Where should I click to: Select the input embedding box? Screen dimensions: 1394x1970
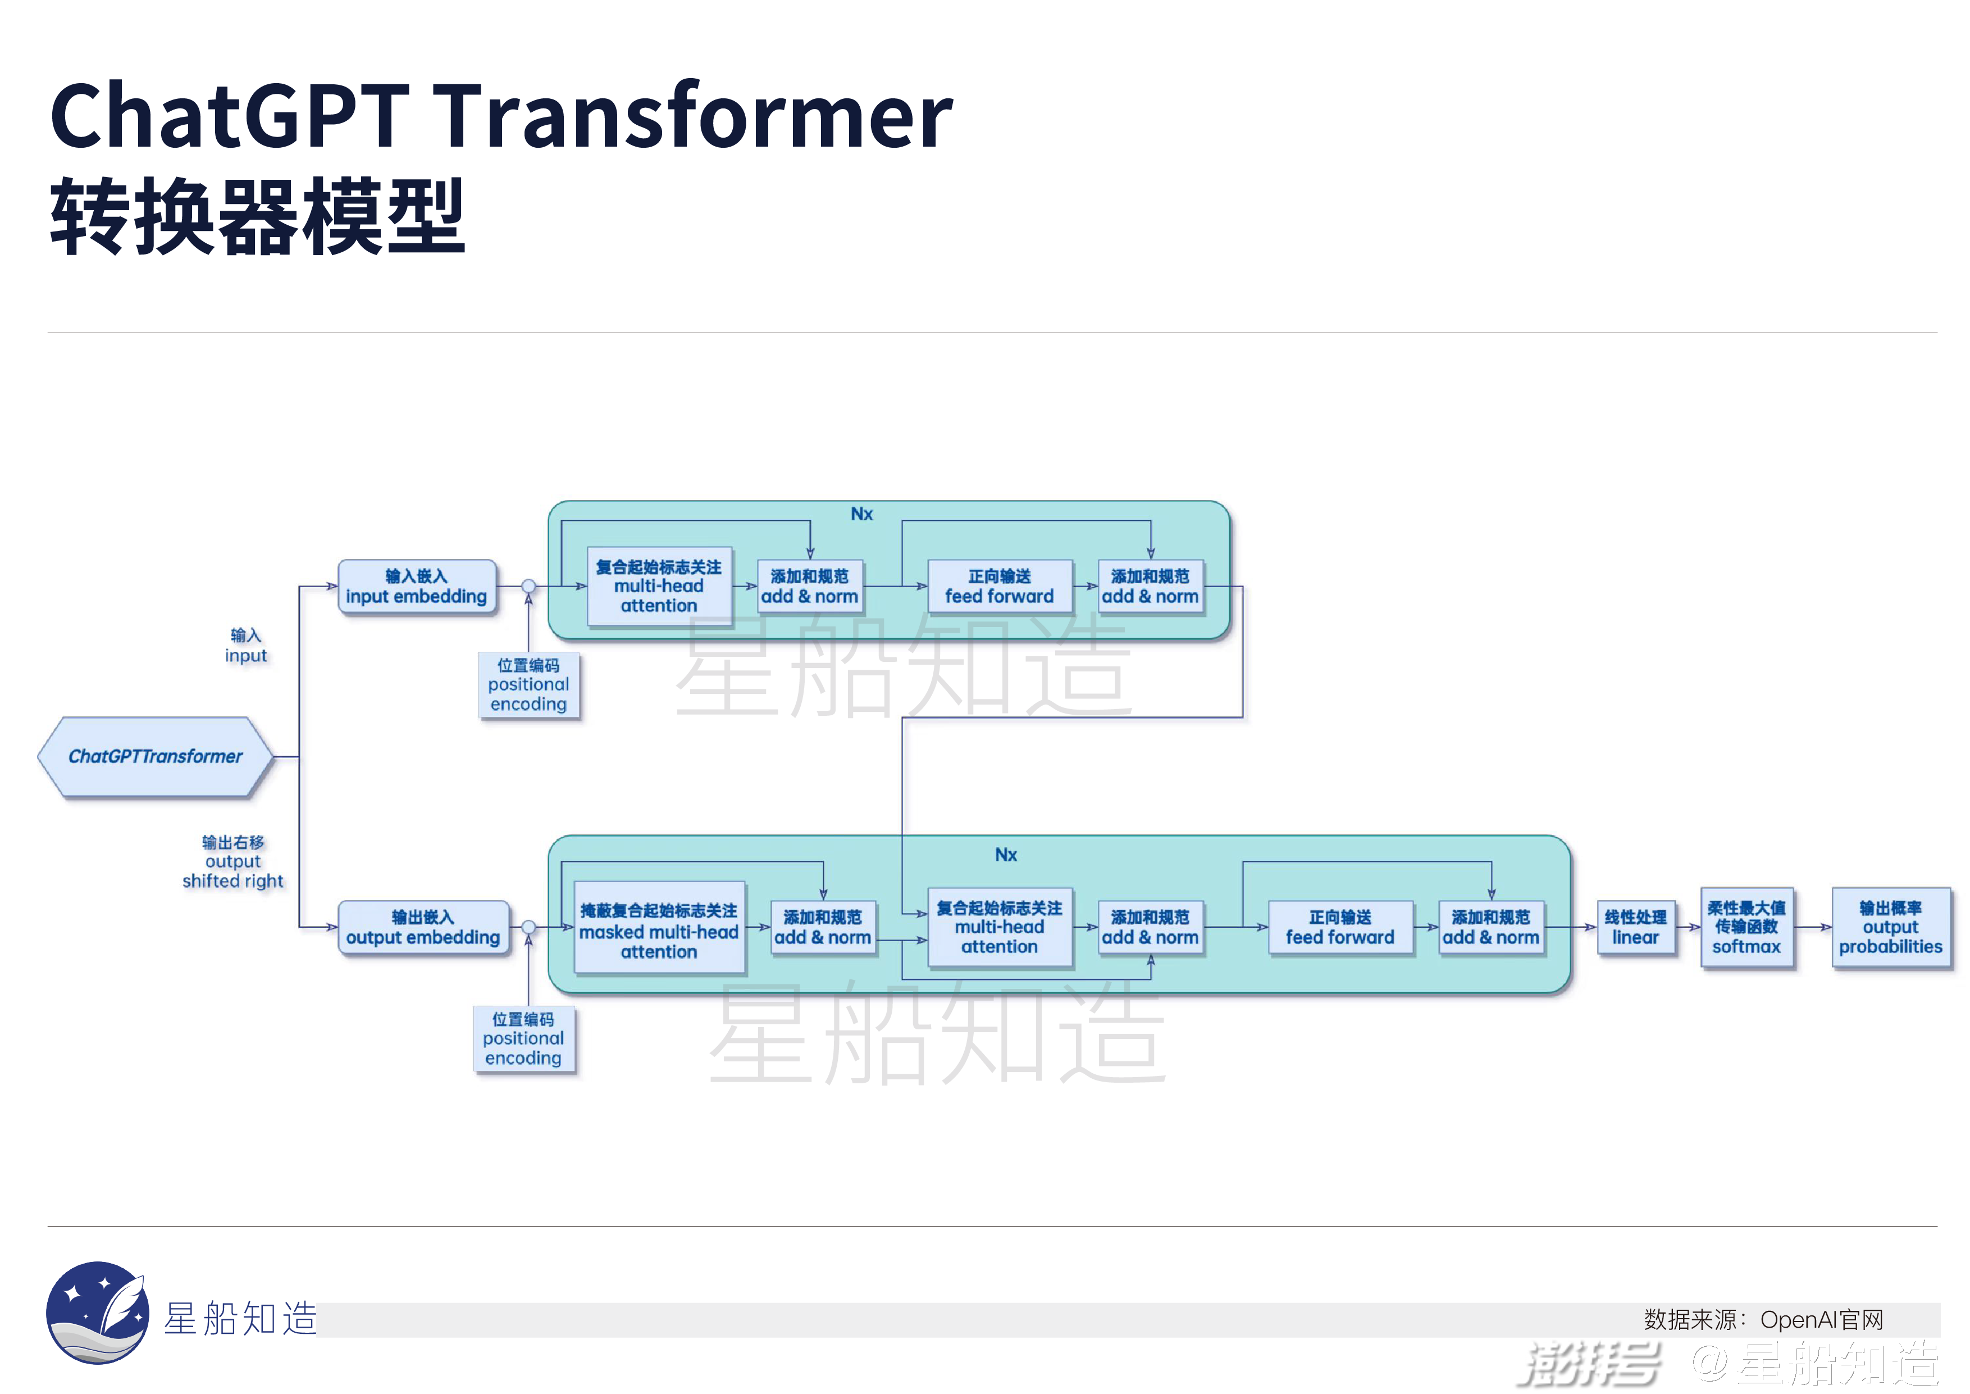(416, 586)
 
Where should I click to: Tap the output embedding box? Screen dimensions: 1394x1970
(423, 927)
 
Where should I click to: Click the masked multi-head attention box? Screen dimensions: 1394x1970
(658, 930)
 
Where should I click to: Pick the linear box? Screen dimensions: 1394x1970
(1635, 927)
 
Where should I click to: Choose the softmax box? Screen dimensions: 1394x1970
(1746, 927)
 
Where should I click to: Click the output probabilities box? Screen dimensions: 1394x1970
(1890, 927)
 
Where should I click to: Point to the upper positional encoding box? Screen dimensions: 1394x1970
(528, 685)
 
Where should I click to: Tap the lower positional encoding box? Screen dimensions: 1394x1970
(523, 1039)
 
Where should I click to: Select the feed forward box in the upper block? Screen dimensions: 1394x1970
(1000, 586)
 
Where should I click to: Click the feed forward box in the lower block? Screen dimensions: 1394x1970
(1340, 927)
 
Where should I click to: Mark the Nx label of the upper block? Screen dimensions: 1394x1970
(861, 514)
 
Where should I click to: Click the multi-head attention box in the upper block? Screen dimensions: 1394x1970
(659, 586)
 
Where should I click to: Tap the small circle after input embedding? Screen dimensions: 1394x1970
(528, 586)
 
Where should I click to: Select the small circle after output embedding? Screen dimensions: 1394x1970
(528, 927)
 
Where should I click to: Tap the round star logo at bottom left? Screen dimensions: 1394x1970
(97, 1311)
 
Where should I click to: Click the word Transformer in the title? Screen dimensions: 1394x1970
(696, 116)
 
